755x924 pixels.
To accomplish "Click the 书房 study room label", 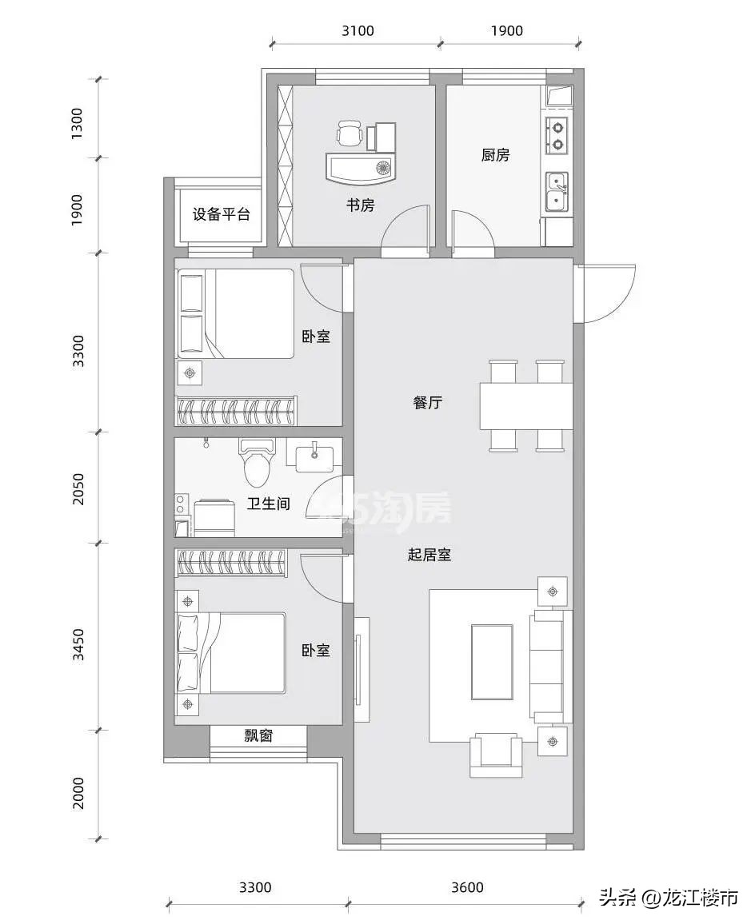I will [360, 205].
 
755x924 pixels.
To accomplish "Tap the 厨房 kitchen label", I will [495, 155].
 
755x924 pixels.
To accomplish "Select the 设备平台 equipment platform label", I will [222, 214].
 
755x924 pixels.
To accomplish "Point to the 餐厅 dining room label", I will [427, 403].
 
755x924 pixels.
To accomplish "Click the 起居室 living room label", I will [429, 555].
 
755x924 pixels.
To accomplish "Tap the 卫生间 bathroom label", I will [268, 504].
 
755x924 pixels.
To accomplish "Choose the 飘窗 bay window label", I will [258, 735].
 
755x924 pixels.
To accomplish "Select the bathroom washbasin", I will [313, 456].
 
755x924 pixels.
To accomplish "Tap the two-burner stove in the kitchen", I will [557, 136].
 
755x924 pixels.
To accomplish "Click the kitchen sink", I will [557, 192].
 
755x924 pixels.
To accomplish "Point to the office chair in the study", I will [350, 133].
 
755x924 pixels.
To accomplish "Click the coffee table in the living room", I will [491, 662].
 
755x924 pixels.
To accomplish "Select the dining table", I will [525, 406].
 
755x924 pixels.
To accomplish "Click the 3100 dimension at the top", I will [357, 31].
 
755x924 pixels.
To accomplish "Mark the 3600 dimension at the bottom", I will [467, 887].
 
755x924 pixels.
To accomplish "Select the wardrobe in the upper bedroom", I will [236, 411].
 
